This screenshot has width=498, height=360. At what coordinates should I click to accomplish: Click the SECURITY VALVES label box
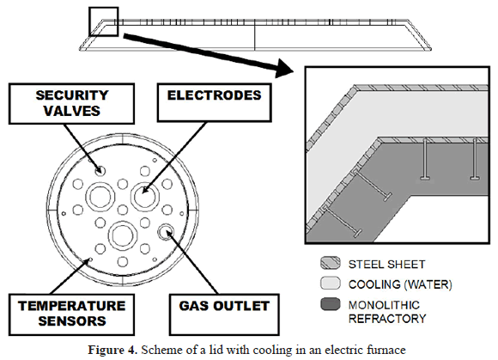click(x=71, y=104)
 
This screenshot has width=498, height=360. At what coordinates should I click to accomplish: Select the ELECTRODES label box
click(x=215, y=102)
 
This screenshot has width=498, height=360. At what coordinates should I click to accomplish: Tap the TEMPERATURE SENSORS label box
click(x=71, y=314)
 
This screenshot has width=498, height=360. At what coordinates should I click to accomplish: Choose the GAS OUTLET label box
click(x=224, y=314)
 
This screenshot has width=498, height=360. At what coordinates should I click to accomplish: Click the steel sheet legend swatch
click(x=331, y=264)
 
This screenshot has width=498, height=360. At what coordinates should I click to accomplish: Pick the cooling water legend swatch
click(x=331, y=284)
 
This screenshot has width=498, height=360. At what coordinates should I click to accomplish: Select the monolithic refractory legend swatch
click(x=331, y=304)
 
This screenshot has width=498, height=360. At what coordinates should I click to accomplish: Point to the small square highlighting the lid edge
click(x=104, y=21)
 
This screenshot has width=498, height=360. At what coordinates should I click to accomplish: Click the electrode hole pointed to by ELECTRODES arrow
click(x=145, y=197)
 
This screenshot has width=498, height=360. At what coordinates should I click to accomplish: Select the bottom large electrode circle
click(x=123, y=235)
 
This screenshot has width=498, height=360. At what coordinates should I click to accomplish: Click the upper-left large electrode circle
click(x=100, y=197)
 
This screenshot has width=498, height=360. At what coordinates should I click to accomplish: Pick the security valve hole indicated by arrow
click(x=100, y=171)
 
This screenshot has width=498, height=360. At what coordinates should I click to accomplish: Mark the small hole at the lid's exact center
click(x=123, y=210)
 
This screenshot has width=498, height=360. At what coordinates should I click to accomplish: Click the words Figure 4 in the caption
click(x=112, y=351)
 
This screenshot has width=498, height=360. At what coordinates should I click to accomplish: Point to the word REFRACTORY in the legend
click(x=387, y=319)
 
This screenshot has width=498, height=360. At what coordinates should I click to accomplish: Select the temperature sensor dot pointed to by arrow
click(x=90, y=259)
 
